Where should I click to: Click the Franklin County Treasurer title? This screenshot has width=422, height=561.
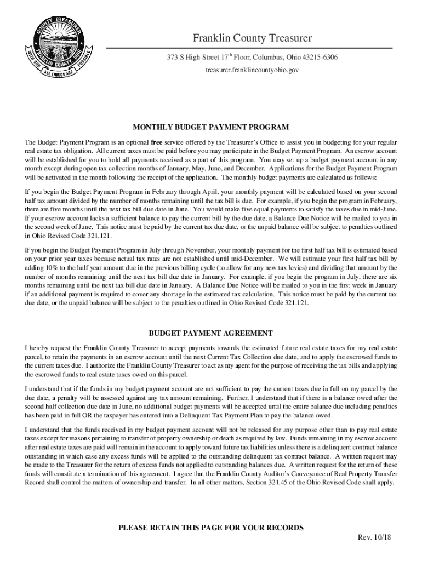click(x=252, y=38)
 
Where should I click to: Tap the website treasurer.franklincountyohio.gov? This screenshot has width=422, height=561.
click(x=252, y=71)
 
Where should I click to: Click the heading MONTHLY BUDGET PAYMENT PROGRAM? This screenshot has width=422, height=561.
click(x=211, y=127)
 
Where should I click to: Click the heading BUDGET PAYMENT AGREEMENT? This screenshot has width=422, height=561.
click(x=211, y=333)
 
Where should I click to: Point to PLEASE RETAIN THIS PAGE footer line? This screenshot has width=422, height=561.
click(x=211, y=528)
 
